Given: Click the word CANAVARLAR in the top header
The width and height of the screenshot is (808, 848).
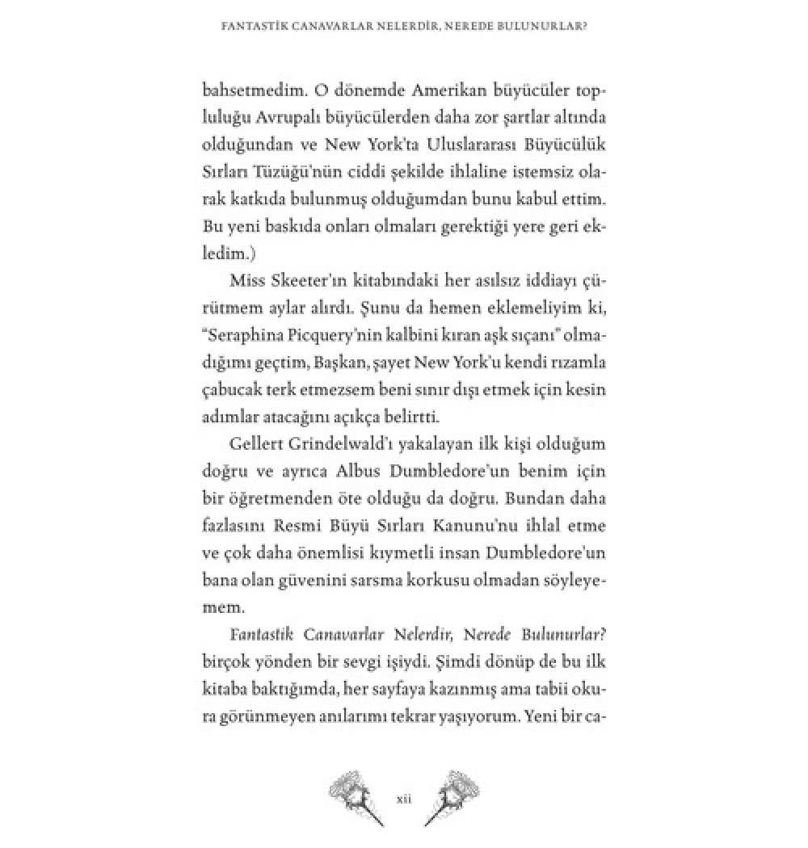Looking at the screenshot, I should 330,25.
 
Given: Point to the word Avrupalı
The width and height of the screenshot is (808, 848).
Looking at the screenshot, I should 302,118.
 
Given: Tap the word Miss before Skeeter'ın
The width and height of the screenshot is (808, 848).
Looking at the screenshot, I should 248,281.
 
